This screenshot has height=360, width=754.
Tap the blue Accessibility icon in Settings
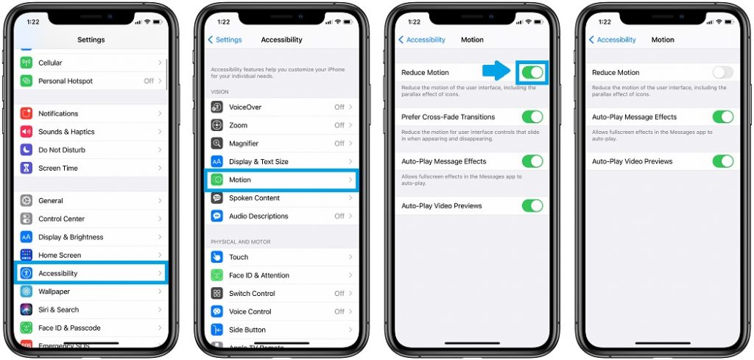point(27,273)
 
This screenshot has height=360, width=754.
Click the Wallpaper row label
point(54,292)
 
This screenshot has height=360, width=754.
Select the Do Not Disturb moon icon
point(27,150)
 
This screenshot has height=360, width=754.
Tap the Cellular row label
point(50,63)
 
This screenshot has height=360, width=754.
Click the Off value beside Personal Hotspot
point(149,81)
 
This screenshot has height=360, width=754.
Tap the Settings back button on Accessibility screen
point(225,40)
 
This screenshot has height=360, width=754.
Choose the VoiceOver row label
point(245,107)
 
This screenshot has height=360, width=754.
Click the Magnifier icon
point(217,144)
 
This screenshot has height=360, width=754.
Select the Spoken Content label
point(254,198)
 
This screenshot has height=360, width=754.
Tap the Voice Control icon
point(217,311)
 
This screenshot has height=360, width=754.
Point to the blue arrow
point(496,71)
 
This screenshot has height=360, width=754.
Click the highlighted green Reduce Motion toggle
point(532,72)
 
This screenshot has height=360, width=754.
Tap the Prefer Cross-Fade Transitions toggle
point(532,117)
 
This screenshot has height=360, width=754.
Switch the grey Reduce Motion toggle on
point(723,72)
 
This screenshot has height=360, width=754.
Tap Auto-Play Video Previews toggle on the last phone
point(723,161)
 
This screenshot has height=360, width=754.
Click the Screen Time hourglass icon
point(27,168)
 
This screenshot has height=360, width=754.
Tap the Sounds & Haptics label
point(66,132)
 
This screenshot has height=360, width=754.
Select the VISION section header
point(219,92)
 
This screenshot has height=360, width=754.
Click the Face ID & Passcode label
point(69,328)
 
